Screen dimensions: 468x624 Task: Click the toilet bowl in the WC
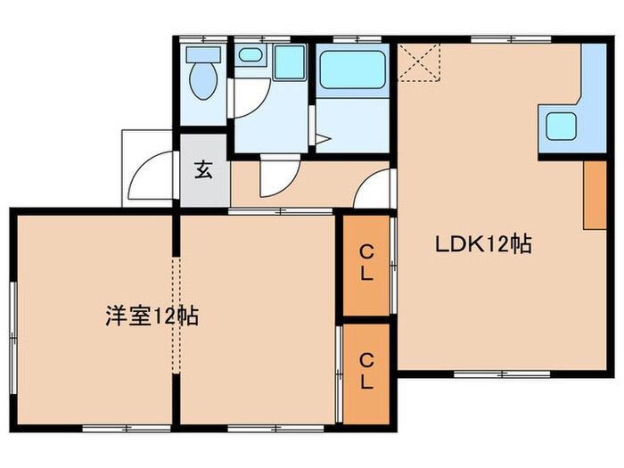[204, 81]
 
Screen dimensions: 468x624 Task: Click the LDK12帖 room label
[482, 243]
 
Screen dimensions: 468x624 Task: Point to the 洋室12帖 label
[152, 316]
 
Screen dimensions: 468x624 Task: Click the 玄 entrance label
[204, 171]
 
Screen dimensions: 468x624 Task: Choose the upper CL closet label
[366, 264]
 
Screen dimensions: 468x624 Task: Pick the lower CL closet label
[366, 370]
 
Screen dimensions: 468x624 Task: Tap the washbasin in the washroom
[250, 56]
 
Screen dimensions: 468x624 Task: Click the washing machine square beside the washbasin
[288, 62]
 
